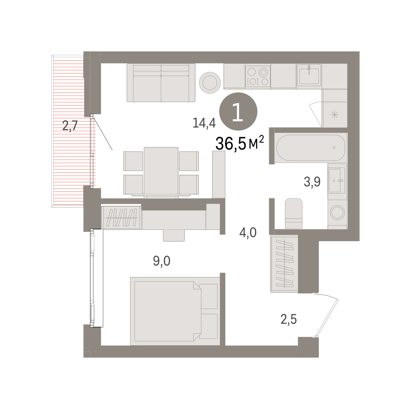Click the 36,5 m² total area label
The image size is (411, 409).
pos(240,143)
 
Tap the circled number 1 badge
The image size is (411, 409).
pos(238,111)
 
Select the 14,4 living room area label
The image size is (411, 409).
pos(204,123)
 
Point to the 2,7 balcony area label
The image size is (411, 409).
pos(70,126)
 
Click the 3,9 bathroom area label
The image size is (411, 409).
pos(312,182)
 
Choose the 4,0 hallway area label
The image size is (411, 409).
pos(248,233)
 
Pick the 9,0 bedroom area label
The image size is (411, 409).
pos(161,261)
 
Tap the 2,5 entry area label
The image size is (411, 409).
pos(289,319)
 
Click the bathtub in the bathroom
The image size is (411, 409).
pos(310,148)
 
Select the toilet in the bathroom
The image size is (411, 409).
pos(294,213)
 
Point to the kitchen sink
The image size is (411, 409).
pos(309,75)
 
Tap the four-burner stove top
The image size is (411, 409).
pos(258,76)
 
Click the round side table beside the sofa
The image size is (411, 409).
pos(210,83)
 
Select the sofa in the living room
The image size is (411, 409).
pos(161,83)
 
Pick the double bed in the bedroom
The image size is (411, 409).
pos(175,311)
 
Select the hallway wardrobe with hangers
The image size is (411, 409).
pos(285,263)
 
